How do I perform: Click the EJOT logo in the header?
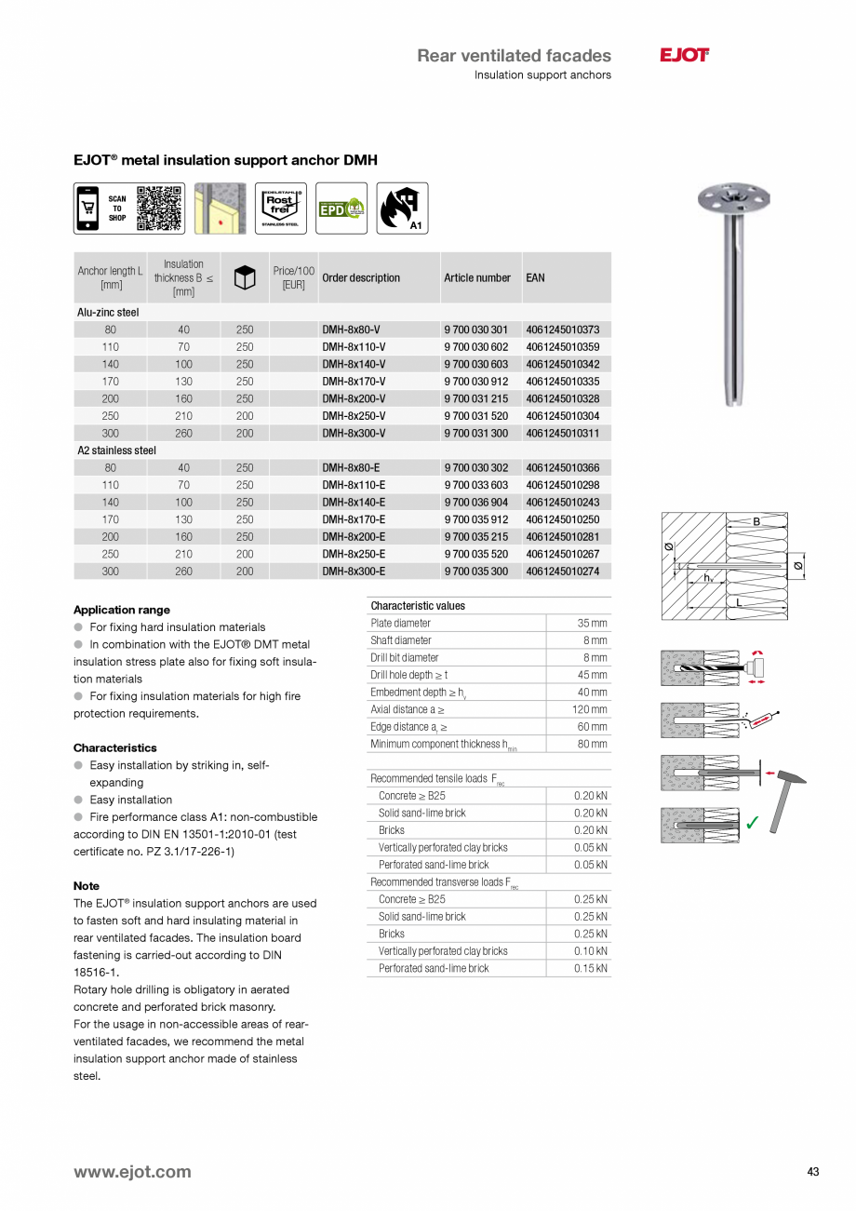[x=684, y=56]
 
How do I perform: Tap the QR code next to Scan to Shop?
[x=158, y=208]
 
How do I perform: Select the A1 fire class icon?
[x=402, y=208]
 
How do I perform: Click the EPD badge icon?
[x=341, y=209]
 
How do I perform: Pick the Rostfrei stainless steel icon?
[x=279, y=208]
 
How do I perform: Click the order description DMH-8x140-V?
[x=354, y=364]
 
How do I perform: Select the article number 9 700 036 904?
[x=475, y=502]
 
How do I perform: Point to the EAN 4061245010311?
[x=562, y=433]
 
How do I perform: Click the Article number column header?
[x=476, y=277]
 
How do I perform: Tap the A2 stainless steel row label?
[x=116, y=451]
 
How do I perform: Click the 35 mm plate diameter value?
[x=591, y=623]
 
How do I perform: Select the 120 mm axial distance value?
[x=589, y=709]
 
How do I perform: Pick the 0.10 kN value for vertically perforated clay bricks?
[x=590, y=951]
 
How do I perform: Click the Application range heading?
[x=121, y=610]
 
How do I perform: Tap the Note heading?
[x=86, y=885]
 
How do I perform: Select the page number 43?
[x=813, y=1172]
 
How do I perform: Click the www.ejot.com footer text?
[x=132, y=1172]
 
